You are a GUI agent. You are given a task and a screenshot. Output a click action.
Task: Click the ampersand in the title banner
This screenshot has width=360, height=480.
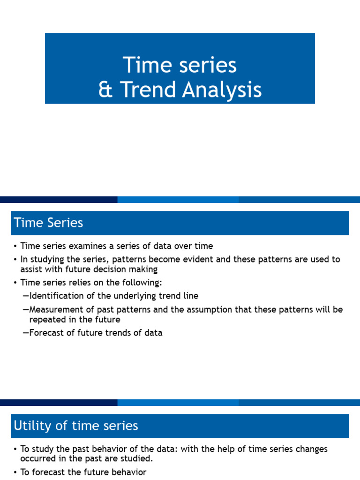point(105,90)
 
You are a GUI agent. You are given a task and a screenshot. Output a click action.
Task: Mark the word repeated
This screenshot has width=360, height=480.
point(47,320)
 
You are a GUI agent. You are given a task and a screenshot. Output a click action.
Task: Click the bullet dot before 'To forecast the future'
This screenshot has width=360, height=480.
point(15,472)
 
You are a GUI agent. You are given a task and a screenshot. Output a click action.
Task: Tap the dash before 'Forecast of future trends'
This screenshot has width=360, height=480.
point(25,333)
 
